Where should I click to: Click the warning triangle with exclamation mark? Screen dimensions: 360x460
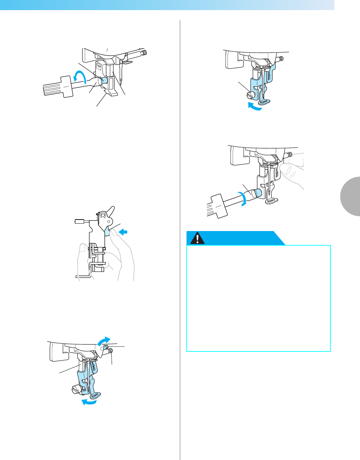(x=198, y=238)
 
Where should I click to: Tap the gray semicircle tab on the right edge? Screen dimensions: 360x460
(x=351, y=196)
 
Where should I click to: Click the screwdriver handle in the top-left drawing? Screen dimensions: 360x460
(x=58, y=87)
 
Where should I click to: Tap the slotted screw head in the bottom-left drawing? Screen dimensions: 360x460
(x=75, y=389)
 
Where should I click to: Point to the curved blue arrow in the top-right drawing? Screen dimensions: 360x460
(x=254, y=107)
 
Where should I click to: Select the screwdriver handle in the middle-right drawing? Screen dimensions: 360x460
(x=217, y=206)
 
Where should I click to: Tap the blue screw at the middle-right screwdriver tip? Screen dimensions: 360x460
(x=258, y=193)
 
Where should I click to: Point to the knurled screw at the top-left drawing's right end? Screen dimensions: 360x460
(x=144, y=53)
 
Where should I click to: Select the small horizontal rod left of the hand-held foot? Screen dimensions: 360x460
(x=80, y=221)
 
